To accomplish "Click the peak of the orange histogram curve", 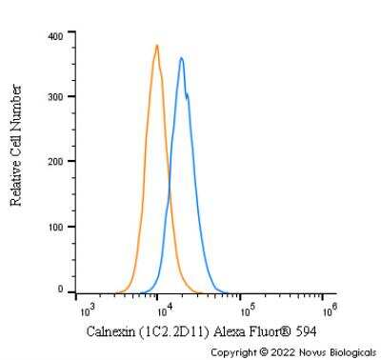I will (x=156, y=45).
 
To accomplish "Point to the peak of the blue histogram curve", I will (x=181, y=58).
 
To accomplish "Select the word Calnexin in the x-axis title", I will (x=109, y=330).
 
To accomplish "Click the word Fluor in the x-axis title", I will (x=270, y=330).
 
